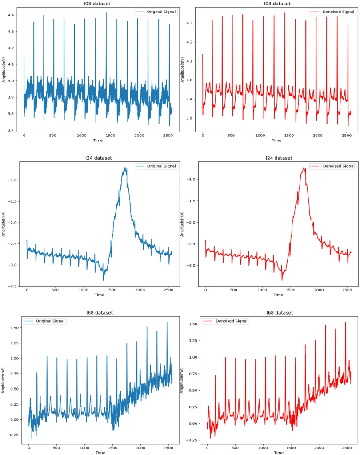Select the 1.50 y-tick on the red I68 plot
pos(192,324)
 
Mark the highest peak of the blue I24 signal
pos(125,168)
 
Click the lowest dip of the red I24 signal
pos(282,280)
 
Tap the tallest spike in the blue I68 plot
pos(167,323)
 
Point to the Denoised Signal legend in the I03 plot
pos(332,12)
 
